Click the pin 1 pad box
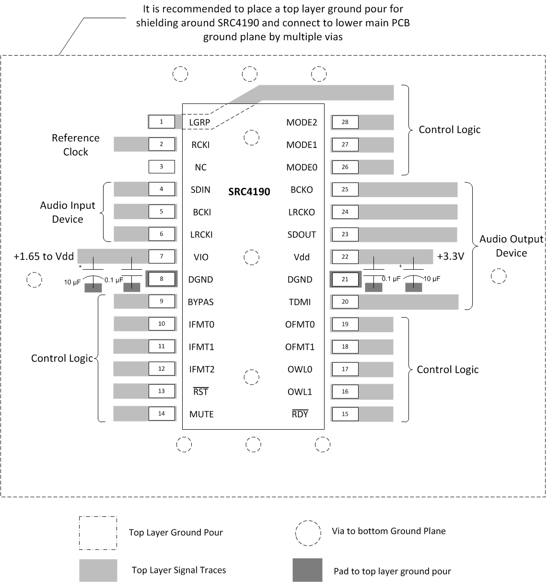(x=161, y=122)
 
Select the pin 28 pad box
(x=345, y=122)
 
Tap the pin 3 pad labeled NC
(x=161, y=167)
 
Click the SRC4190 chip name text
(x=249, y=192)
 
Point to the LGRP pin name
(x=199, y=123)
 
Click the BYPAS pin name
(x=201, y=302)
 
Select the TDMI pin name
(x=300, y=302)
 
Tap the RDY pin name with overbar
(x=300, y=414)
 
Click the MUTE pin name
(x=201, y=414)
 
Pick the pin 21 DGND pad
(x=345, y=279)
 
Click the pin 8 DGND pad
(x=161, y=279)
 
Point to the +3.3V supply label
(x=451, y=256)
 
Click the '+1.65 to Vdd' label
(x=44, y=256)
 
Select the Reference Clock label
(x=76, y=145)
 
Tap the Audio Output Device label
(x=511, y=246)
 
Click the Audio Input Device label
(x=68, y=212)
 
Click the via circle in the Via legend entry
(x=308, y=532)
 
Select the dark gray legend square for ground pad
(x=307, y=570)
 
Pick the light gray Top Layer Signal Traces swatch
(x=98, y=570)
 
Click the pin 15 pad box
(x=345, y=414)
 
